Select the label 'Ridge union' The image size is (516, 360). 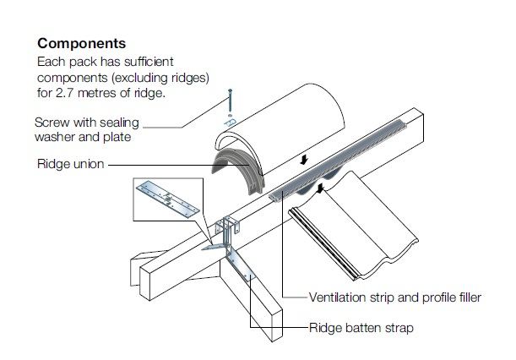pos(71,164)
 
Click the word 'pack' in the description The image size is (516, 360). pos(87,63)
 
